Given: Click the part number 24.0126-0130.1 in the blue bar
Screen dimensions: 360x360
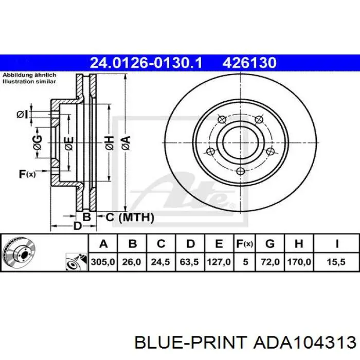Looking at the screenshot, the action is [146, 63].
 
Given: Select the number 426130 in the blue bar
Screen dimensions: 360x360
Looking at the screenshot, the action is [249, 63].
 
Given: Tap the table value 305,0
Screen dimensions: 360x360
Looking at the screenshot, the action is [103, 262].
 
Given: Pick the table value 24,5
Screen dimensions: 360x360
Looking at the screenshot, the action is [160, 262].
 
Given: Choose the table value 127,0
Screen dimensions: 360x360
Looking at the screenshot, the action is [219, 262].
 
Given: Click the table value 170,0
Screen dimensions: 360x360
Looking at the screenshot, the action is [299, 262].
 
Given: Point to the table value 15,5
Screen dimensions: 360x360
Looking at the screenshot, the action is [336, 262].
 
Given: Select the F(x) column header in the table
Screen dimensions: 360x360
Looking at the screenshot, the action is [245, 244].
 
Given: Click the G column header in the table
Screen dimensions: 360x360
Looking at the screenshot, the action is [270, 244].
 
